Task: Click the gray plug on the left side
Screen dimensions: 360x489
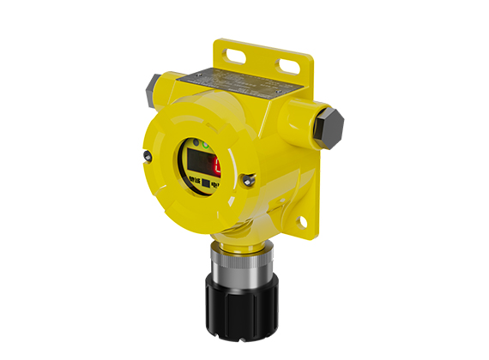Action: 153,85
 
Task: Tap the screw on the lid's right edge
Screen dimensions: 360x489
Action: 250,179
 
